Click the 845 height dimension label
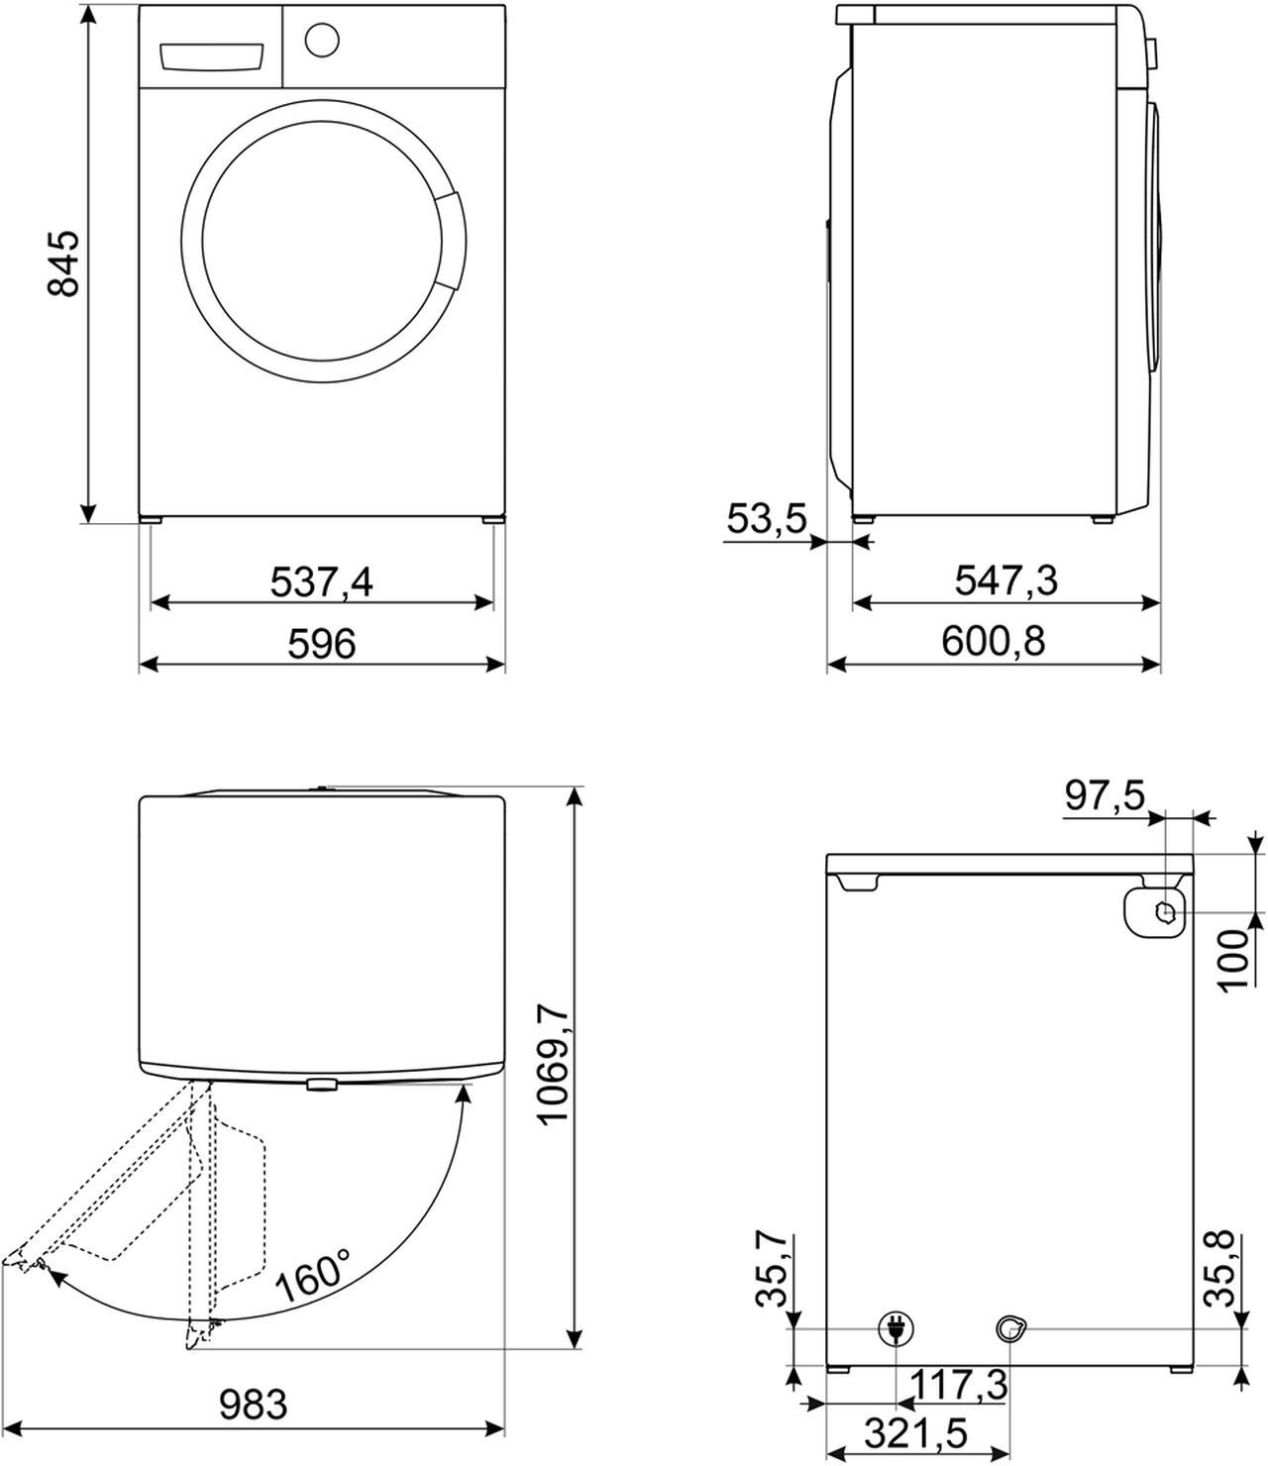click(61, 263)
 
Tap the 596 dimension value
click(321, 644)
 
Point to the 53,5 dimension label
click(767, 518)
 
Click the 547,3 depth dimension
click(1005, 580)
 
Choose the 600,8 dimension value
click(993, 642)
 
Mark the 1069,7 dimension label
click(554, 1064)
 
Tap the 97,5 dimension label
click(1105, 795)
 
